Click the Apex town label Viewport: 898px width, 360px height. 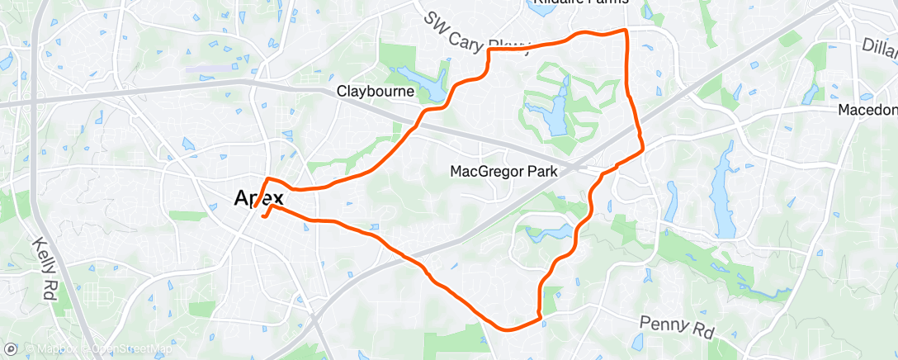[x=259, y=198]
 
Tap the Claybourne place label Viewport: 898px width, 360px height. [x=375, y=92]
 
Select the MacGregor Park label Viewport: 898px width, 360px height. [x=503, y=172]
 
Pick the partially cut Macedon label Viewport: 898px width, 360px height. [x=867, y=110]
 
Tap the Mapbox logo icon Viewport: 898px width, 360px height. [x=11, y=349]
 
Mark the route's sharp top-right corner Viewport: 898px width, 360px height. [x=626, y=31]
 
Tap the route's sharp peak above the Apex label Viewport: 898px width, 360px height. [x=267, y=178]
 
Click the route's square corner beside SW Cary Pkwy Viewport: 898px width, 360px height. [x=490, y=50]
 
